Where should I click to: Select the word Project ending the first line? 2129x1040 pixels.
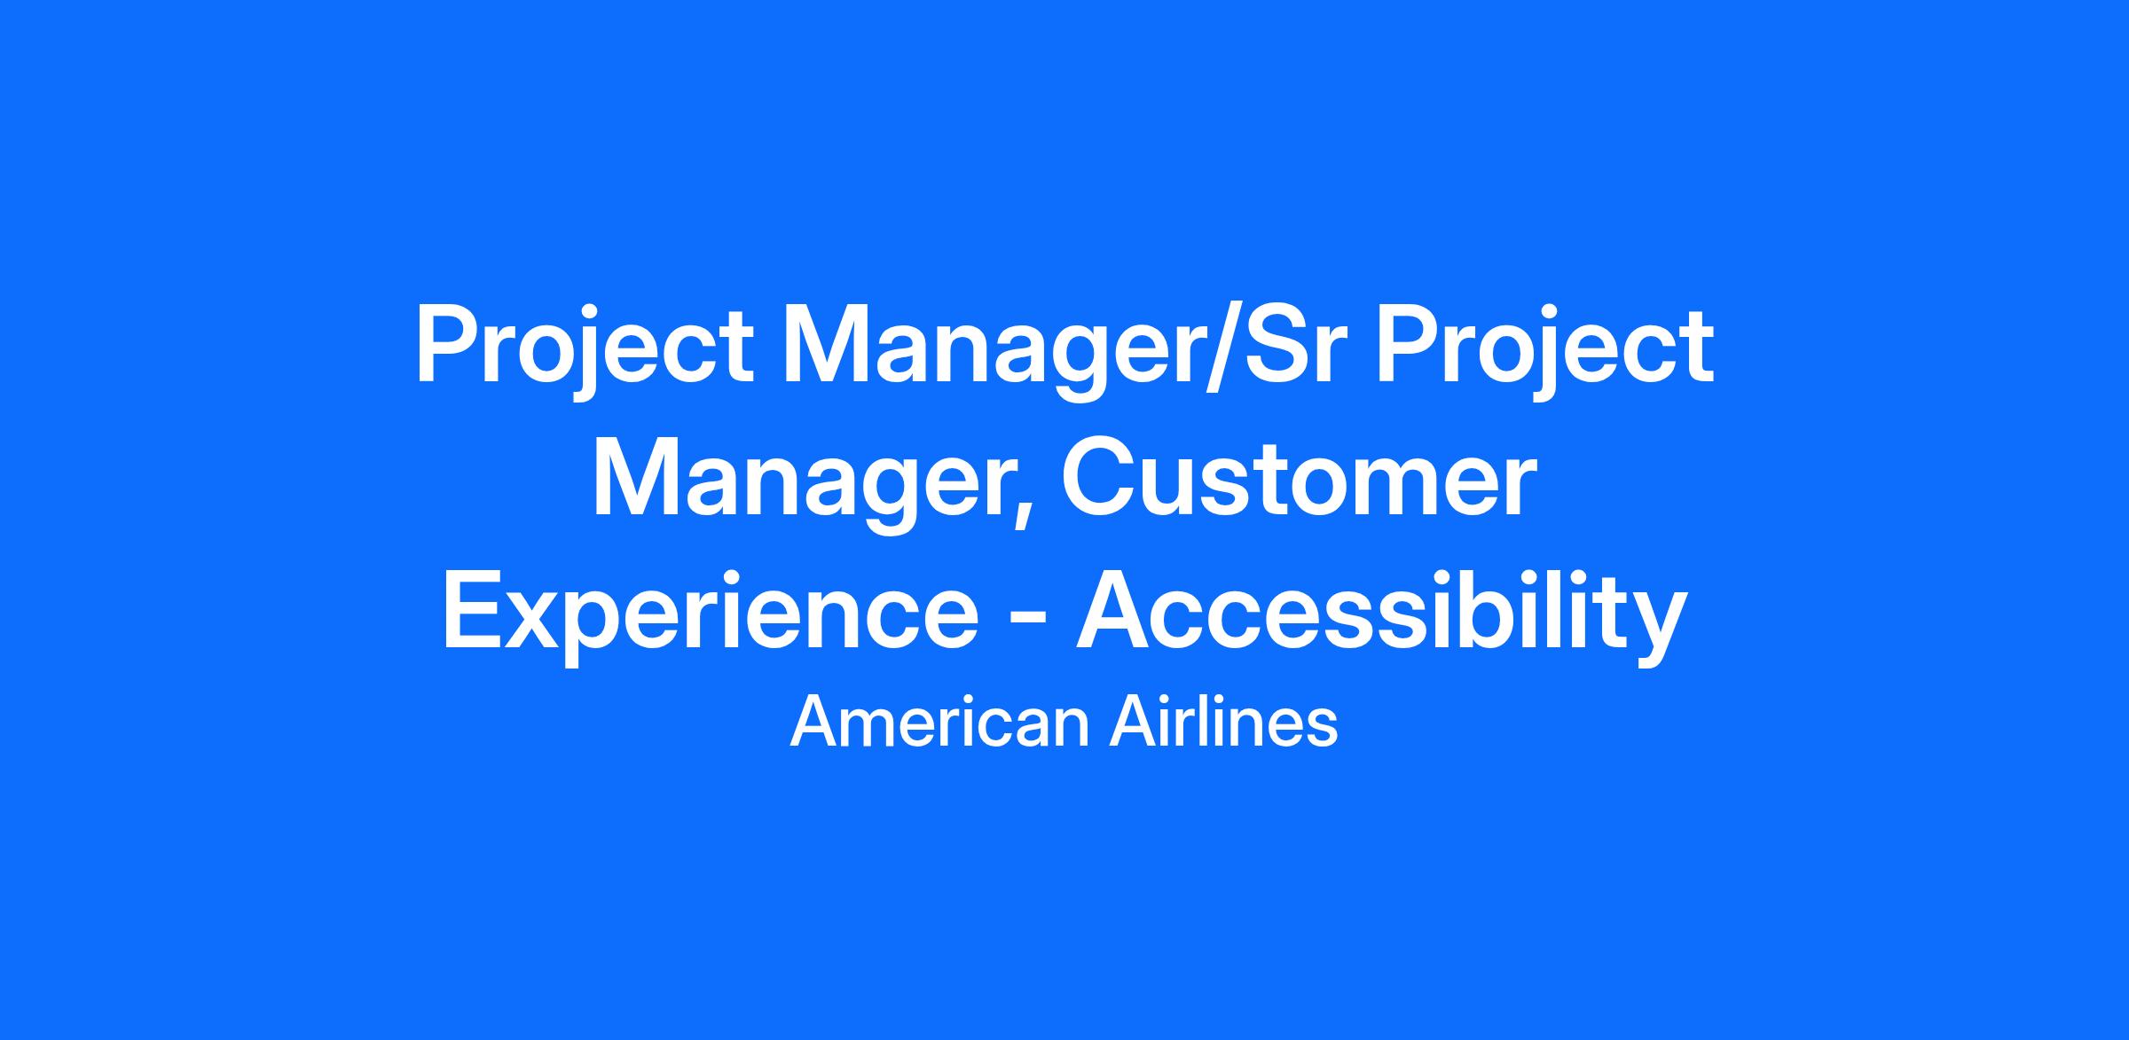coord(1544,350)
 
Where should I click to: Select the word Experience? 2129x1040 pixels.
coord(710,617)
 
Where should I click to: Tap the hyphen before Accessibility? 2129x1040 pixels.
coord(1027,623)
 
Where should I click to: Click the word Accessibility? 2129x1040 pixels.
coord(1381,616)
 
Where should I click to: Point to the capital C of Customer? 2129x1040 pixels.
coord(1101,480)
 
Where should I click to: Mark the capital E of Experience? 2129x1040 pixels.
coord(474,612)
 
